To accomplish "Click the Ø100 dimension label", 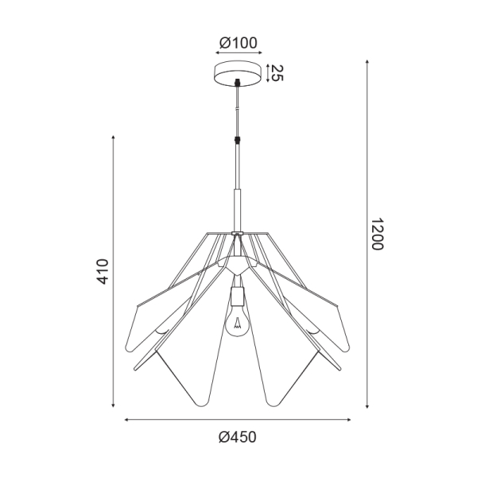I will click(x=238, y=43).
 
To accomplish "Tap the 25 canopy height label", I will click(x=276, y=74).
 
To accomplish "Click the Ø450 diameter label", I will click(x=238, y=436).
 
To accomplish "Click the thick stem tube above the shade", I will click(x=236, y=208).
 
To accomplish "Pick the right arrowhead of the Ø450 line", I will click(x=350, y=420).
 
